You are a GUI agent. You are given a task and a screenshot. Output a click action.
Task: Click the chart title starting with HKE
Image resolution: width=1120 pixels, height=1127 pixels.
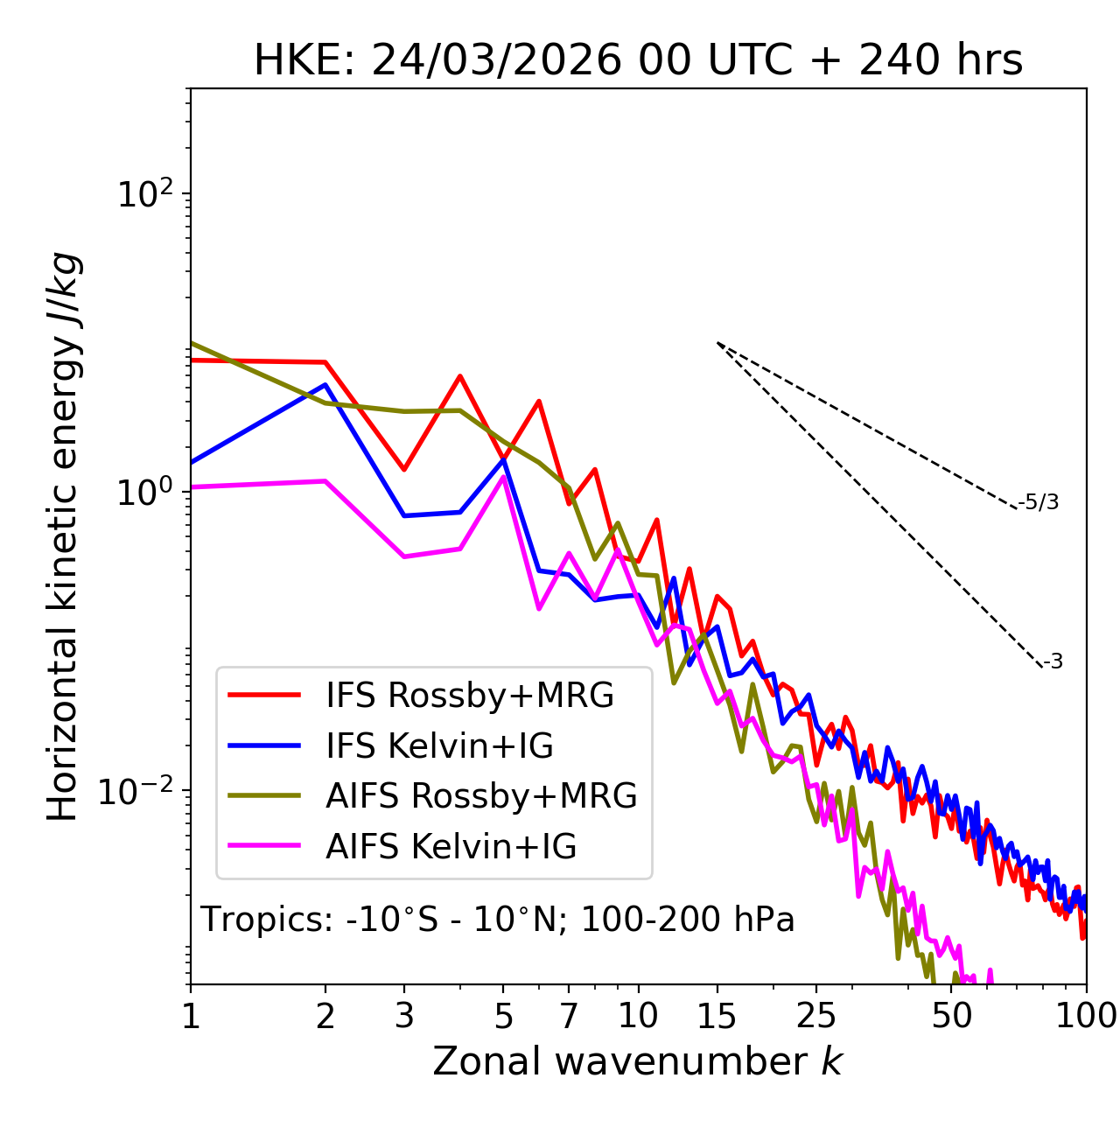click(638, 60)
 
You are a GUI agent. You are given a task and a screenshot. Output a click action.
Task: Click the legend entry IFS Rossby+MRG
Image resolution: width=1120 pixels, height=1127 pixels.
click(469, 696)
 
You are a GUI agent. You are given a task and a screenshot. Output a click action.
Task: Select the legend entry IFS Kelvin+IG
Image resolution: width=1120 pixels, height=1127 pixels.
click(439, 746)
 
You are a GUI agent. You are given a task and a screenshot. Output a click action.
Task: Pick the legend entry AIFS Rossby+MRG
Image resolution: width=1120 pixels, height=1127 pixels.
click(480, 796)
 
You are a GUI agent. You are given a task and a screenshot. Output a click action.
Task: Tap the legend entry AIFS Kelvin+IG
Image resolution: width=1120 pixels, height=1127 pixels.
click(451, 847)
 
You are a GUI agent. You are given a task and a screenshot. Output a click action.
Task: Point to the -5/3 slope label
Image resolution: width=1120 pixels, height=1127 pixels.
click(1039, 502)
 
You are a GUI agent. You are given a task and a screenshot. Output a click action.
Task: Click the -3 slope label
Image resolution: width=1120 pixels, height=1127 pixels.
click(1053, 662)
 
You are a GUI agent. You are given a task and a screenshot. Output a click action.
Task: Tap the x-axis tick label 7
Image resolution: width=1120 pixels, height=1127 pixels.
click(569, 1016)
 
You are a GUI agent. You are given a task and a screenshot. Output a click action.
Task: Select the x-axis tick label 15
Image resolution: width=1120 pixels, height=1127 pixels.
click(717, 1016)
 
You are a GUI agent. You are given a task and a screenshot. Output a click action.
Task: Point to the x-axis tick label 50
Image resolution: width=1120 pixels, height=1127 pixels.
click(952, 1016)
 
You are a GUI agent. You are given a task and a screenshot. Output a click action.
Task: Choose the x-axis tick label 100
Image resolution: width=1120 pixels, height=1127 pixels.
click(1086, 1016)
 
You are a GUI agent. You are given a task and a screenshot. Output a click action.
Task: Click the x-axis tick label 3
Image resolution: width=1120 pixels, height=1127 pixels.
click(404, 1016)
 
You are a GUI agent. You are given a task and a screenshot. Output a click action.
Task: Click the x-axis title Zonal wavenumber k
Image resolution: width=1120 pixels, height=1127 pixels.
click(638, 1061)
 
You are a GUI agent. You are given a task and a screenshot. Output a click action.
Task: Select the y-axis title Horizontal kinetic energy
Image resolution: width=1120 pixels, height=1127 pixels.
click(63, 536)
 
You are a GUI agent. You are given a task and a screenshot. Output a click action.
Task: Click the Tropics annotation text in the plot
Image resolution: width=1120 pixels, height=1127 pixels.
click(498, 920)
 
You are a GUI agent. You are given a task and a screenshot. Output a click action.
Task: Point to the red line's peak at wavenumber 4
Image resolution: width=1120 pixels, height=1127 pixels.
click(459, 376)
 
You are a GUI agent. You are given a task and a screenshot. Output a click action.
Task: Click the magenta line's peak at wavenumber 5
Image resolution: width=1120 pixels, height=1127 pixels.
click(503, 477)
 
